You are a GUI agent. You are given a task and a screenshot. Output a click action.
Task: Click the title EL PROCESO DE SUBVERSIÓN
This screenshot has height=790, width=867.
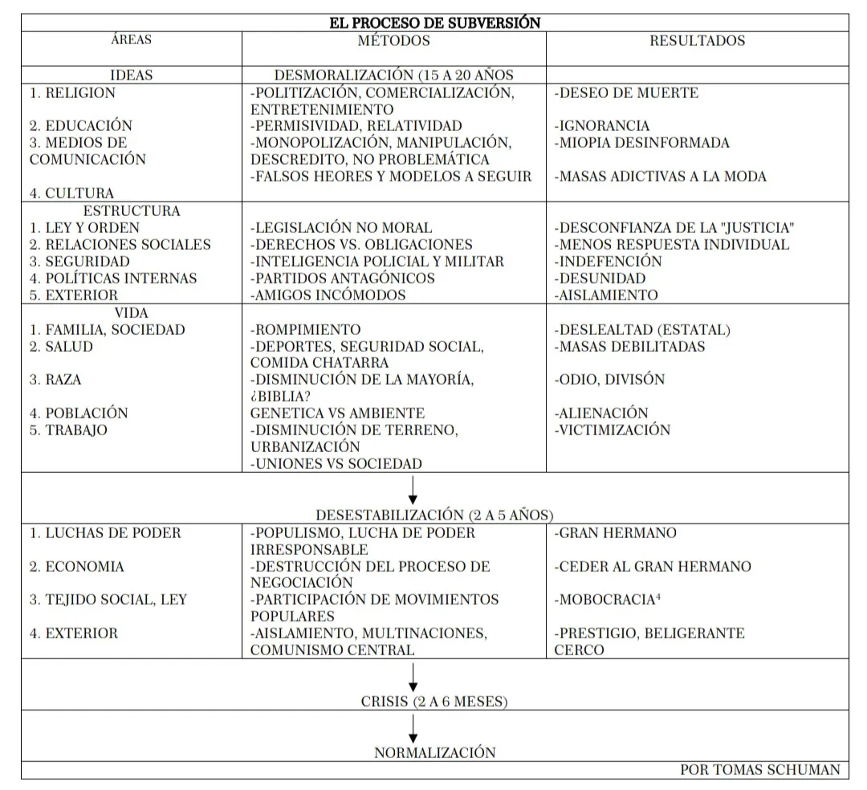[x=434, y=22]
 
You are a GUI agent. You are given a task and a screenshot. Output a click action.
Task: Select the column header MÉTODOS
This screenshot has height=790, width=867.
[x=393, y=40]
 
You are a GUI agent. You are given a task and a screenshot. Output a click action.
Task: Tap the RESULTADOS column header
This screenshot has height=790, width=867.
[x=697, y=40]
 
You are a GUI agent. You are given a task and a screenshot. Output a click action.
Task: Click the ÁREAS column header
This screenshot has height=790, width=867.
[x=131, y=39]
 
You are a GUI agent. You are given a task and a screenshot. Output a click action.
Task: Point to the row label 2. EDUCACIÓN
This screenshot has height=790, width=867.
[x=81, y=126]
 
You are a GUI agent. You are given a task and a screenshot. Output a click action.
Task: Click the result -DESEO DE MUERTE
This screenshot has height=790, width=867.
[x=626, y=93]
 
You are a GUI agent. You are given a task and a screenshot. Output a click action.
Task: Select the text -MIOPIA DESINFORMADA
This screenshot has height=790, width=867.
[x=641, y=143]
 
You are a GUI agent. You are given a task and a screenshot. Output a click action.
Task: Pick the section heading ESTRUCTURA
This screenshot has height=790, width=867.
[x=132, y=211]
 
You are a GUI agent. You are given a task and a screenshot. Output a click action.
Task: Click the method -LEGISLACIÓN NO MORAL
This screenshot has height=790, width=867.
[x=341, y=228]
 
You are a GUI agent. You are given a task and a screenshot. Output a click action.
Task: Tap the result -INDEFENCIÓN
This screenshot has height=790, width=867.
[x=608, y=262]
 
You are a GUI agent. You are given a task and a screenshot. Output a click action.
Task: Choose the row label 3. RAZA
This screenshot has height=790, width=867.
[x=55, y=380]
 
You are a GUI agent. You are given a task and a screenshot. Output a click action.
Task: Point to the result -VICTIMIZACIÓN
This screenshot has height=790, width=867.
[x=612, y=430]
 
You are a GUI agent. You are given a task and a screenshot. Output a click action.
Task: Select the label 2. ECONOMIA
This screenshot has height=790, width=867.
[x=77, y=567]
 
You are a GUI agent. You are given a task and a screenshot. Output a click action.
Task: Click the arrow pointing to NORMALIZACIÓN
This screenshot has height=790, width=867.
[x=413, y=728]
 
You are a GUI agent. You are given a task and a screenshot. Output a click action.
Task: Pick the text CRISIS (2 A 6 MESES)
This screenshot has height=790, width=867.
[x=434, y=702]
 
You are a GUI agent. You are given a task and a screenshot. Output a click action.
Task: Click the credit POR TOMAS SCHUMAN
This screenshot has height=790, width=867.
[x=759, y=770]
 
